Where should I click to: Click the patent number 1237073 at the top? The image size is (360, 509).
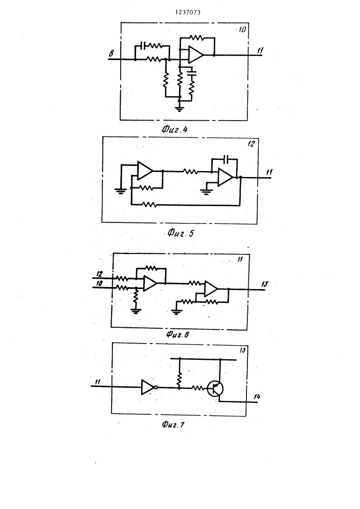point(188,12)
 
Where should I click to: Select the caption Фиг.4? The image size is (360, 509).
point(175,129)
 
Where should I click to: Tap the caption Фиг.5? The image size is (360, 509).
point(181,233)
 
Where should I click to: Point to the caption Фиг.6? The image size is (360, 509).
point(178,334)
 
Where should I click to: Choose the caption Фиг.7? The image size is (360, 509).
point(173,425)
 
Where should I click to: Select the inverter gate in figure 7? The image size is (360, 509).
point(149,387)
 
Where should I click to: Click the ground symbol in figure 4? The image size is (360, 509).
point(179,108)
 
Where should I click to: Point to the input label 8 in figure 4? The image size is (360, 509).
point(112,53)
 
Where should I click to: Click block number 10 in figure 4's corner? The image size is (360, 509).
point(242,30)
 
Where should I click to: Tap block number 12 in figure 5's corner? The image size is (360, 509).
point(251,144)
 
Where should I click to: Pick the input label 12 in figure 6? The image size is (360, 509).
point(99,274)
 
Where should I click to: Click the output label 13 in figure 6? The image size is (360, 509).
point(265,284)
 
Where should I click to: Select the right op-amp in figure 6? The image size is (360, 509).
point(211,289)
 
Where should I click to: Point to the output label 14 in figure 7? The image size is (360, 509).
point(257,397)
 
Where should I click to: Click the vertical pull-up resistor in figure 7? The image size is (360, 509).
point(179,378)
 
